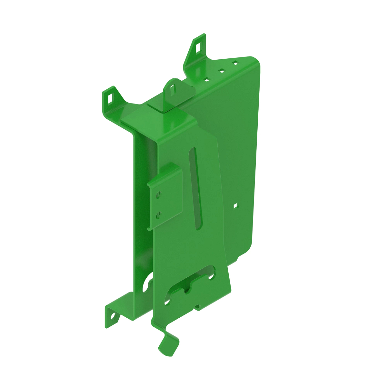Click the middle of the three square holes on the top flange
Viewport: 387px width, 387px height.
click(222, 70)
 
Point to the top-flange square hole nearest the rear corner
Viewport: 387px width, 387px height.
click(235, 63)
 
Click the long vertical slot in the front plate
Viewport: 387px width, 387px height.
click(196, 189)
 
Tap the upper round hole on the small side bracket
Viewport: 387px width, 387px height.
click(158, 195)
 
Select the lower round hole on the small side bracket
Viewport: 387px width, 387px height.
click(158, 215)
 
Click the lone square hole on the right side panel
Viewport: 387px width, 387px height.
click(235, 205)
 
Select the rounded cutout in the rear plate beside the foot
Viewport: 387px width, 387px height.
click(149, 281)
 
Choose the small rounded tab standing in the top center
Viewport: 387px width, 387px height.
click(174, 92)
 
